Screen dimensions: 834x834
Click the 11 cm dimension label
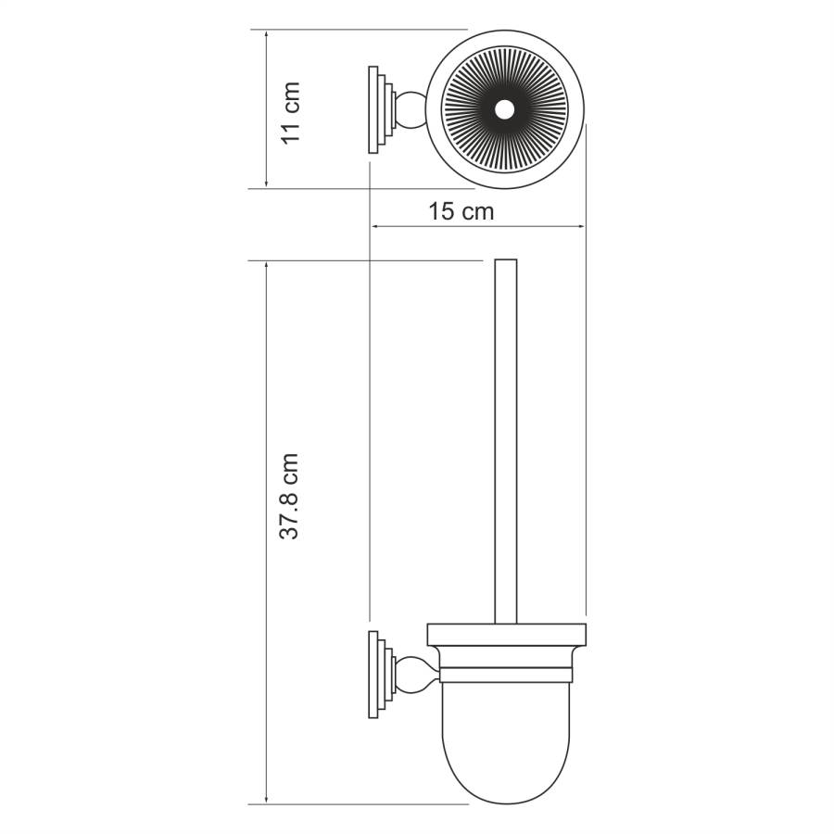291,111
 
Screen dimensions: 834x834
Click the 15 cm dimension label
461,211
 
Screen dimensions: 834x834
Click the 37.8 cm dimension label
290,496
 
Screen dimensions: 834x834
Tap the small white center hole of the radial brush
503,110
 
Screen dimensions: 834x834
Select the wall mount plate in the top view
377,110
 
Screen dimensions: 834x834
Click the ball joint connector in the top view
409,110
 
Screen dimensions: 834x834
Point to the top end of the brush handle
505,262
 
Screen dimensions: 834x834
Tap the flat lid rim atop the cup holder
506,635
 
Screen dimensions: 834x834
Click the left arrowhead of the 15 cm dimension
375,225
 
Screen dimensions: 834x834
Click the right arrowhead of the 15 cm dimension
581,225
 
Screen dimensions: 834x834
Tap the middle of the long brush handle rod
505,440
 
